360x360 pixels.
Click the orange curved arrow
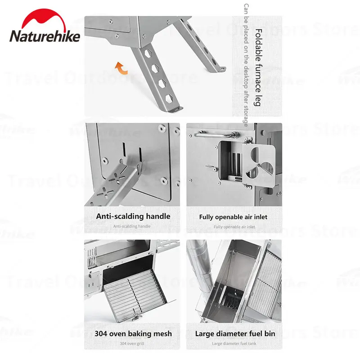click(121, 68)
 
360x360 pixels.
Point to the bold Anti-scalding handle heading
click(133, 216)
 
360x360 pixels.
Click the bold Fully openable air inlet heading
click(233, 217)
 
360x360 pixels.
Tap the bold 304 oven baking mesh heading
click(133, 334)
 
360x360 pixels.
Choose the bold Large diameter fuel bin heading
click(235, 334)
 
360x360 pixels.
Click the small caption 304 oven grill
click(133, 344)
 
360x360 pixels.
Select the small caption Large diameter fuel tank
click(234, 344)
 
